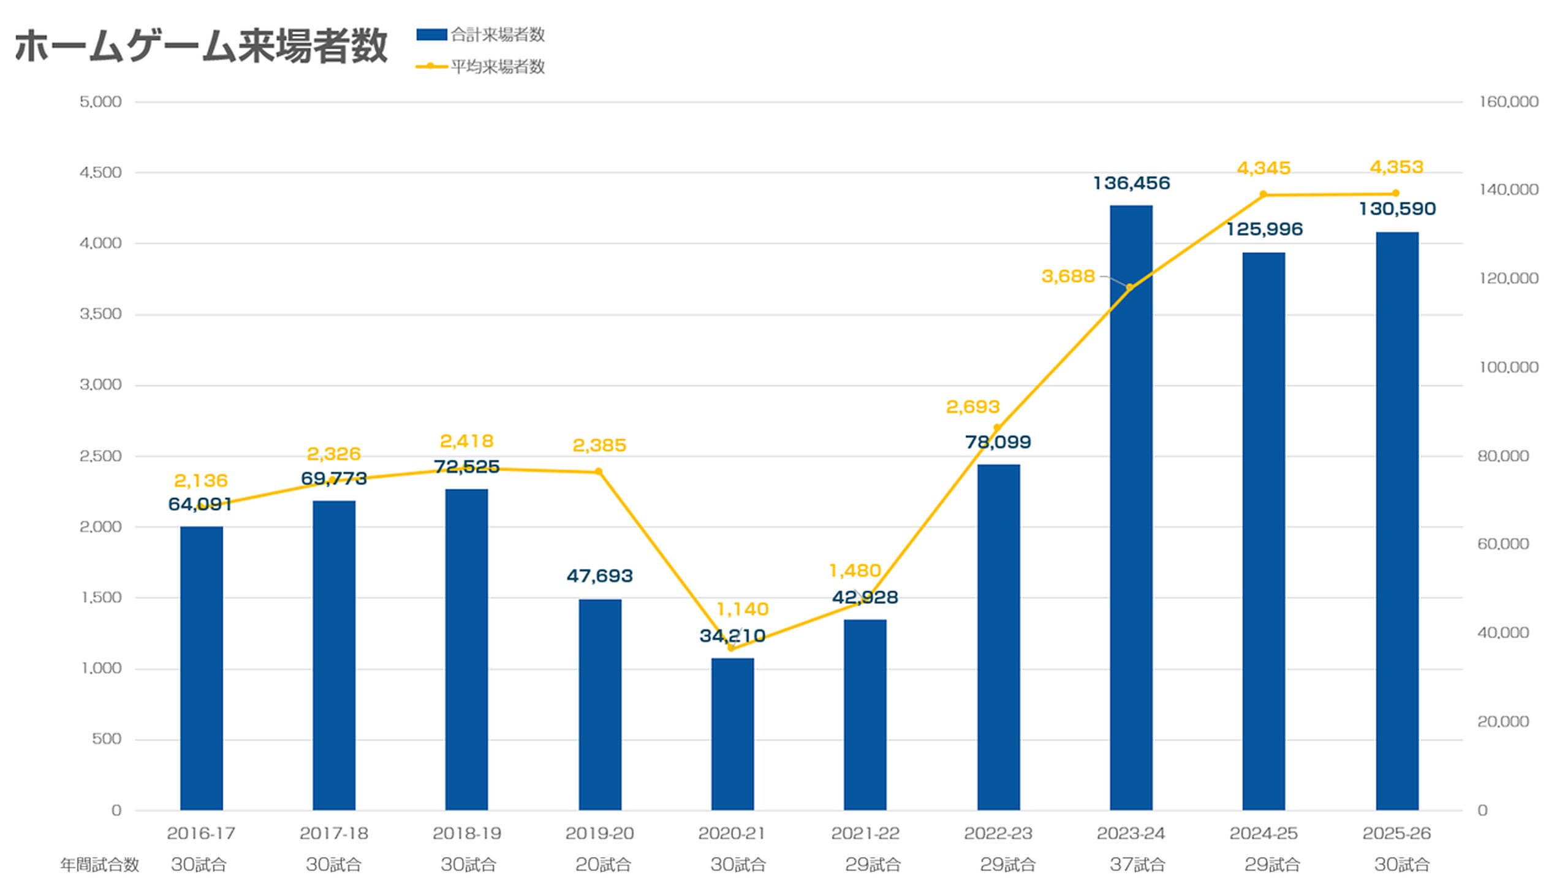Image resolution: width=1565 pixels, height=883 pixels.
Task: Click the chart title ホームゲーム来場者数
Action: click(x=201, y=46)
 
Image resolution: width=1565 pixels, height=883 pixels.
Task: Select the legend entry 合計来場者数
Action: click(x=480, y=34)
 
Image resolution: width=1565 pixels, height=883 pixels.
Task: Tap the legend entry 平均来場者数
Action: click(x=480, y=66)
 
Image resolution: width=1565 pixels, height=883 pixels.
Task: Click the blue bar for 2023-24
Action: click(x=1131, y=508)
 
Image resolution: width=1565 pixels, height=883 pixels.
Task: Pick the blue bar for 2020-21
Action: click(x=732, y=734)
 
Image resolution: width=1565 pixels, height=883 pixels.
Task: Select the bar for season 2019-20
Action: click(x=600, y=705)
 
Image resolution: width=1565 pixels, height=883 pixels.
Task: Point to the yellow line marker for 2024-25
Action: click(x=1264, y=194)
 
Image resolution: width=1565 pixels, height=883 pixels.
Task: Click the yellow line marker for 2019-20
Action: click(x=599, y=472)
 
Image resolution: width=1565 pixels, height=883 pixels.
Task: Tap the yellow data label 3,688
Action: click(x=1068, y=277)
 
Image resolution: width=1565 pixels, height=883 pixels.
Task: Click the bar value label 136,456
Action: click(x=1132, y=183)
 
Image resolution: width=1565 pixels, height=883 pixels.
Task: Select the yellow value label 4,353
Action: click(x=1396, y=167)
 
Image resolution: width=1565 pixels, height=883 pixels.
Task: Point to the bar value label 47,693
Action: click(x=600, y=576)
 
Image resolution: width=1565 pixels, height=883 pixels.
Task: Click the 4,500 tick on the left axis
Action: click(x=100, y=172)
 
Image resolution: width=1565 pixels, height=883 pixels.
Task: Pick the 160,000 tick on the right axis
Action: click(x=1509, y=102)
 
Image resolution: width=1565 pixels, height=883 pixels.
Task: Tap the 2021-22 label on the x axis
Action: click(x=865, y=833)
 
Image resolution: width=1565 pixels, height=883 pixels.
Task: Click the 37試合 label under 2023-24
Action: click(x=1137, y=865)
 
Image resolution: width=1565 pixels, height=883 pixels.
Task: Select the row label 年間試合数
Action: click(x=100, y=865)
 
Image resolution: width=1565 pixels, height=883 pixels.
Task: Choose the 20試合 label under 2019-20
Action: click(x=603, y=865)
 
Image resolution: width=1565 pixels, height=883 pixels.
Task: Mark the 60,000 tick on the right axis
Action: click(x=1503, y=544)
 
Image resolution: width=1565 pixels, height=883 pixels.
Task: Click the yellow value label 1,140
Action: click(x=742, y=609)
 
